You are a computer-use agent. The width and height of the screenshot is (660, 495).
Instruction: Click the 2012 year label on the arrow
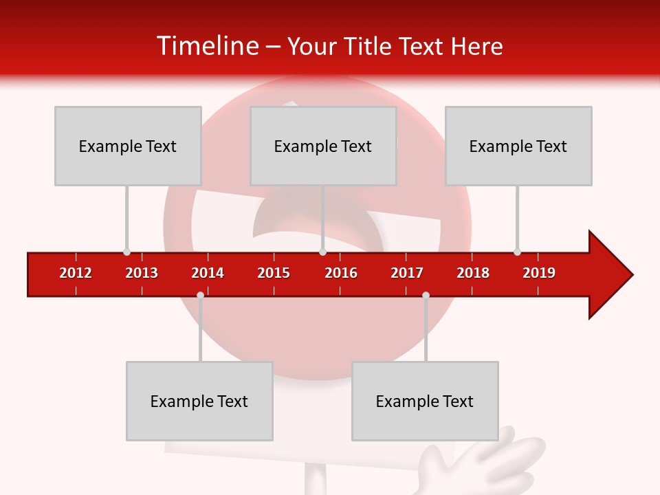(76, 273)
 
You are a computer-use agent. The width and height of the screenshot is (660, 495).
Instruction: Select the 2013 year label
(142, 273)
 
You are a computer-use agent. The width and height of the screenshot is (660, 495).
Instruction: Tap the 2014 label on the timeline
(208, 273)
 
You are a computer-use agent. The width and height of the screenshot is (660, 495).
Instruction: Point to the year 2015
(274, 273)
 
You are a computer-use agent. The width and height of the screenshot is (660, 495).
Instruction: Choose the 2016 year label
(341, 273)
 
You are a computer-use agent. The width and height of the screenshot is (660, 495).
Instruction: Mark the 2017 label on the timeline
(407, 273)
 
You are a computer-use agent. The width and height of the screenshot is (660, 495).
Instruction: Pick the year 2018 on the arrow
(473, 273)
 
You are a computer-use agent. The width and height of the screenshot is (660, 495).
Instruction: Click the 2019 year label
(539, 273)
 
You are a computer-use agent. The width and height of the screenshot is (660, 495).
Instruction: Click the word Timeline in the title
(206, 46)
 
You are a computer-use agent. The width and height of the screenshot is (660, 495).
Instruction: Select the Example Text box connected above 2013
(128, 146)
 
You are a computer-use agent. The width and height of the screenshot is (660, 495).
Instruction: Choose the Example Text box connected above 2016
(323, 146)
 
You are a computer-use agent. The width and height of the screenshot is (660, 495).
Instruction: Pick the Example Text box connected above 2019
(518, 146)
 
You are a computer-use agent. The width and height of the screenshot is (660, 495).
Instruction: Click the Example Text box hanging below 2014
(199, 401)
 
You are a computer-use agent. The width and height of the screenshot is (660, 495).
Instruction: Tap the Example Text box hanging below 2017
(425, 401)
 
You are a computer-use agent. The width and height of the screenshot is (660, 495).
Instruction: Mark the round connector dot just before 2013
(126, 252)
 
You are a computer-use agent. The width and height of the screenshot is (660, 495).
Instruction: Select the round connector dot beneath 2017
(426, 296)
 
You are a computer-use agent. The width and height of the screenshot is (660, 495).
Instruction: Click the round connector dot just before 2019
(517, 252)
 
